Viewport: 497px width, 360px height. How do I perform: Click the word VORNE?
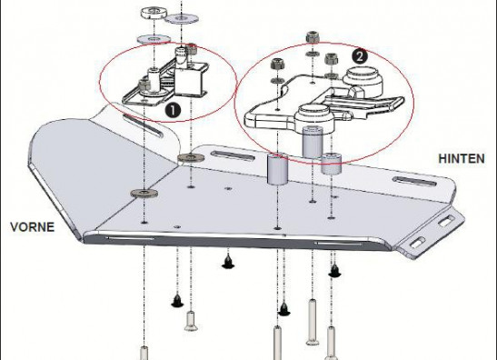(x=32, y=227)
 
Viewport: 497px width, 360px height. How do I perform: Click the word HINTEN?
(x=462, y=158)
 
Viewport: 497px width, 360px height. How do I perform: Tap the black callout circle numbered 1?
(x=173, y=110)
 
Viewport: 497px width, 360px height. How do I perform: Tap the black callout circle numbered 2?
(x=360, y=56)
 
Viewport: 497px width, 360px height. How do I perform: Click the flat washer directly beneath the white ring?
(x=154, y=39)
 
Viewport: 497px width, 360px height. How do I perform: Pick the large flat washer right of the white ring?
(x=182, y=18)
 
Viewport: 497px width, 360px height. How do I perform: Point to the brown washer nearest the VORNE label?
(x=144, y=193)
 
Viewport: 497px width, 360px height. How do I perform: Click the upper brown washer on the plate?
(x=191, y=157)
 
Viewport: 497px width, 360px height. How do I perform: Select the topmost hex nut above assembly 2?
(x=313, y=37)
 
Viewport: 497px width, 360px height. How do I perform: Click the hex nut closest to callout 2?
(x=332, y=59)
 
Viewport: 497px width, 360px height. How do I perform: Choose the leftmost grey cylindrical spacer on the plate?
(x=277, y=169)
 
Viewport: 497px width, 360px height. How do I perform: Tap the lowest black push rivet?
(x=284, y=309)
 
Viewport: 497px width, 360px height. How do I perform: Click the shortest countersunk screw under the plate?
(x=191, y=321)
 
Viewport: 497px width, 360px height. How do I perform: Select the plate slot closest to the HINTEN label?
(x=415, y=181)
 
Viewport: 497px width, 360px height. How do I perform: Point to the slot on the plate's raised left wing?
(x=144, y=126)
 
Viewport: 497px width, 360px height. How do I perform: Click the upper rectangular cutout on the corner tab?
(x=446, y=221)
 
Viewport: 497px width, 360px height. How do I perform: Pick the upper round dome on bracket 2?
(x=363, y=82)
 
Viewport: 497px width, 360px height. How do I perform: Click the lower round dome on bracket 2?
(x=314, y=119)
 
